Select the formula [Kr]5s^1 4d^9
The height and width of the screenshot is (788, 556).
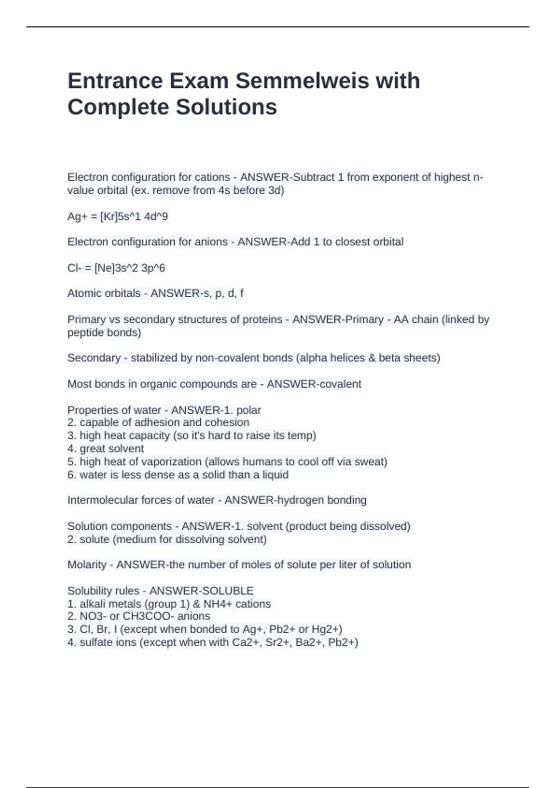(134, 216)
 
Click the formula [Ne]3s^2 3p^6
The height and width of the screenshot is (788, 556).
(130, 268)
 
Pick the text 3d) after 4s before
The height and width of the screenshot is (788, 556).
(276, 190)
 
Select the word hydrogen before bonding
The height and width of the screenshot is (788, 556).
(278, 500)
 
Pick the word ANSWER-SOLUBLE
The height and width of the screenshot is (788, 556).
(201, 591)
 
